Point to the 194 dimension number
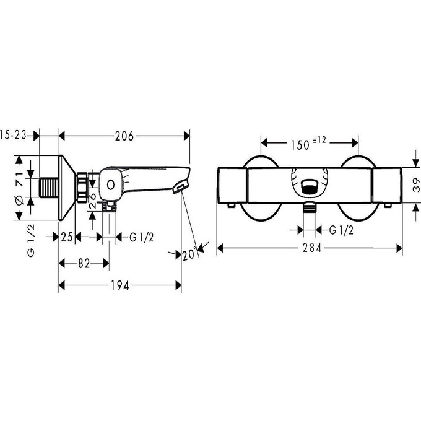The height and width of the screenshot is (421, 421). pyautogui.click(x=120, y=285)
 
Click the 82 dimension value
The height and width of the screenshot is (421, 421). pyautogui.click(x=82, y=263)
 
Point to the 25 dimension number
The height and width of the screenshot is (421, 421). pyautogui.click(x=67, y=237)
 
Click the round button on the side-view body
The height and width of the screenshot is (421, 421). pyautogui.click(x=111, y=184)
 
